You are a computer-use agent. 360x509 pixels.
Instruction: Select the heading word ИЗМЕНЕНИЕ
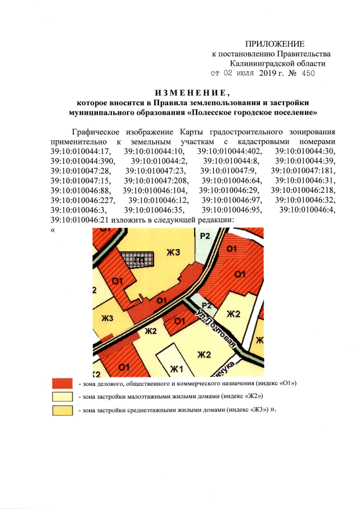point(192,92)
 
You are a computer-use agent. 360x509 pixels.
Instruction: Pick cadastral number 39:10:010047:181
point(304,170)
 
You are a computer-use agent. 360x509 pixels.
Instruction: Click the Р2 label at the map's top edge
point(205,237)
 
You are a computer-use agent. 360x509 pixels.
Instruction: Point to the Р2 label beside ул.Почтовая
point(205,305)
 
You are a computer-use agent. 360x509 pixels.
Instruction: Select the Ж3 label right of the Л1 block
point(173,254)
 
